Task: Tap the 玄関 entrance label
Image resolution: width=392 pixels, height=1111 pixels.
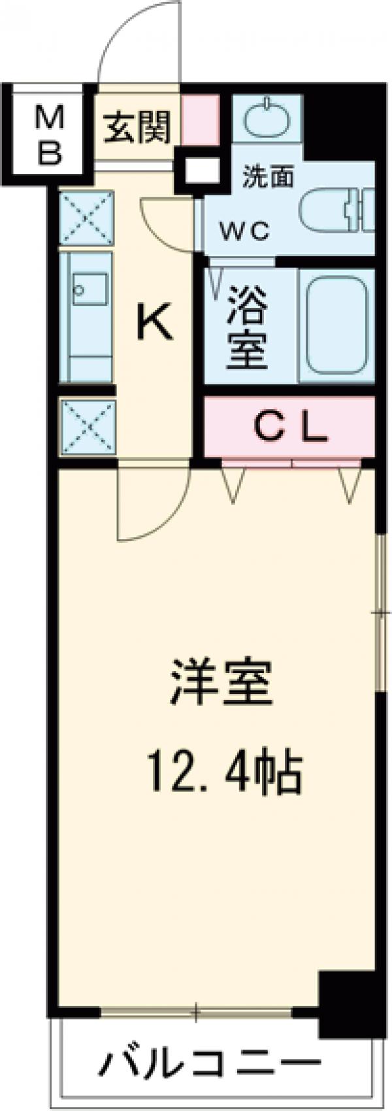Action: (138, 127)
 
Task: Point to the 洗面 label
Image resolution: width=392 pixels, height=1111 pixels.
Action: (268, 176)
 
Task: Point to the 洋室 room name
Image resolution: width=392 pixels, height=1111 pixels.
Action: (220, 681)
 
